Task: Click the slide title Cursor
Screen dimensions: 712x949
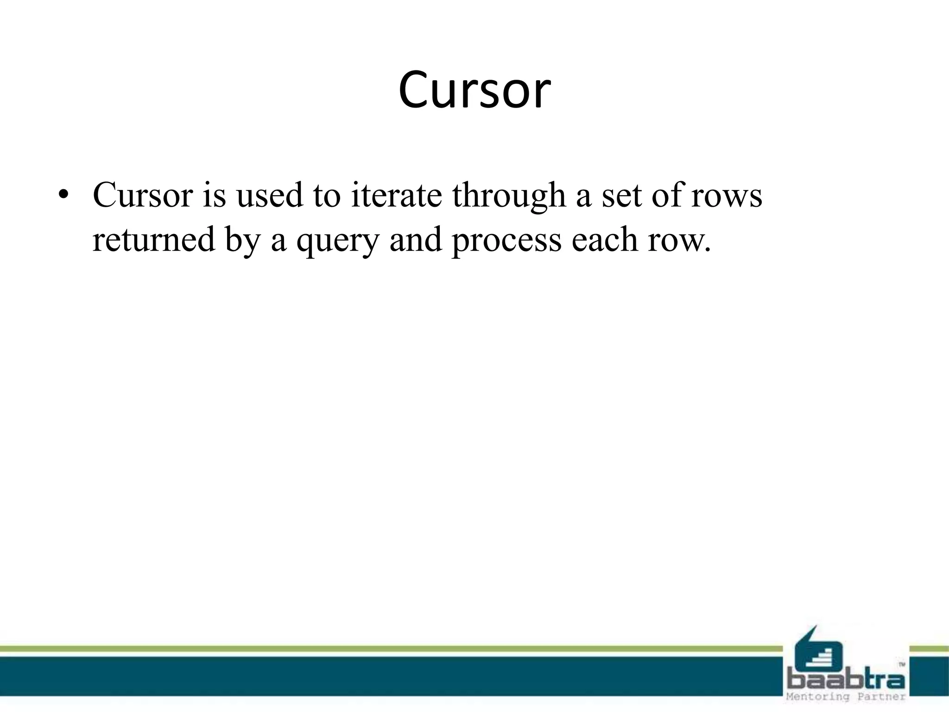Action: point(474,90)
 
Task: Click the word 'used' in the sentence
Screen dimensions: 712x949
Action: point(269,195)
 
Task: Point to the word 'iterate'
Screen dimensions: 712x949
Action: point(397,195)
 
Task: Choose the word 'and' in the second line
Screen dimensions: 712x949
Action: point(416,240)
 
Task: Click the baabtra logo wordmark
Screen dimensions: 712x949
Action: point(846,681)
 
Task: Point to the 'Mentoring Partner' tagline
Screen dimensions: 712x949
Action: point(846,697)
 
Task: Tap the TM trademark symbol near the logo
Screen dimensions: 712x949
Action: point(902,664)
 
